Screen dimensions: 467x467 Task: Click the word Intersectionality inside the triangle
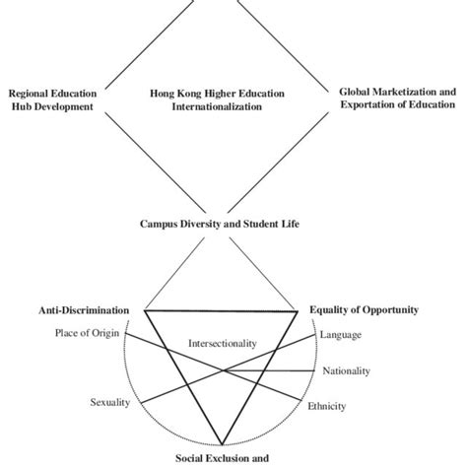[222, 344]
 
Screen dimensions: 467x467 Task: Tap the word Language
[341, 335]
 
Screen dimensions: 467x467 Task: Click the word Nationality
[346, 371]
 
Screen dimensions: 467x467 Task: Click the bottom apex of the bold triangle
[221, 444]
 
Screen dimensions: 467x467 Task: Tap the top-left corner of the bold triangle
[145, 310]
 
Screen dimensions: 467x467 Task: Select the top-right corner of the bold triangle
[298, 310]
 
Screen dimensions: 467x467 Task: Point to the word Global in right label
[359, 92]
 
